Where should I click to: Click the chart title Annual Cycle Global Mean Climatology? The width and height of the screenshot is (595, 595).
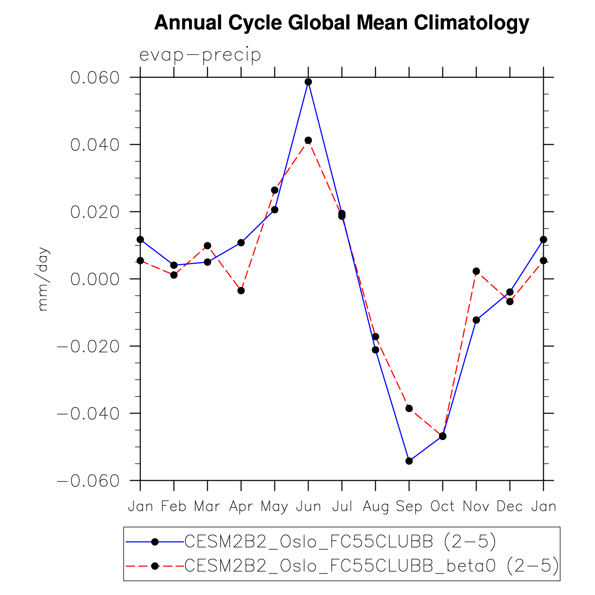[x=342, y=23]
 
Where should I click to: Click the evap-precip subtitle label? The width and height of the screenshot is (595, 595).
[x=200, y=55]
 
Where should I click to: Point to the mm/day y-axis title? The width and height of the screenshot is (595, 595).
[x=43, y=279]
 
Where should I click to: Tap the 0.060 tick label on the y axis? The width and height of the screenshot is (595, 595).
[x=95, y=77]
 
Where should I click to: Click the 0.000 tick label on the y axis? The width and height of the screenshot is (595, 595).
[x=95, y=279]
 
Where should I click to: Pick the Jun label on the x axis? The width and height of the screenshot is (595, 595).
[x=308, y=506]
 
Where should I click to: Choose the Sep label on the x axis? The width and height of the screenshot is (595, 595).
[x=409, y=506]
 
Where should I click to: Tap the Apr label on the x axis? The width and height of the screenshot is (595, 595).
[x=241, y=506]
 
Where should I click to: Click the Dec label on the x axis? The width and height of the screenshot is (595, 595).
[x=510, y=506]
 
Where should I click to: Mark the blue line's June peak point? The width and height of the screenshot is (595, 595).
[x=308, y=82]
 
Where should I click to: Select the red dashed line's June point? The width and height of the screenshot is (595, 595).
[x=308, y=140]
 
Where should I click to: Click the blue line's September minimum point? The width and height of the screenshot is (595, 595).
[x=409, y=461]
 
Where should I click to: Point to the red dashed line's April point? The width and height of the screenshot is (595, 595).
[x=241, y=291]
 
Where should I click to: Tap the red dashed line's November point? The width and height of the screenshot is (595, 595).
[x=476, y=271]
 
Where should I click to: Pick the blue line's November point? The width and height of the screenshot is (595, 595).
[x=476, y=320]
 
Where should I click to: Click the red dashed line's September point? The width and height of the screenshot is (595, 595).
[x=409, y=408]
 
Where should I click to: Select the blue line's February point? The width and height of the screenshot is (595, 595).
[x=174, y=265]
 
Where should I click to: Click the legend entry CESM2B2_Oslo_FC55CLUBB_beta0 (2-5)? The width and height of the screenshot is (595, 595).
[x=371, y=566]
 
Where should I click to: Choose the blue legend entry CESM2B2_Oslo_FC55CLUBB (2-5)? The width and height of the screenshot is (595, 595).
[x=340, y=541]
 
